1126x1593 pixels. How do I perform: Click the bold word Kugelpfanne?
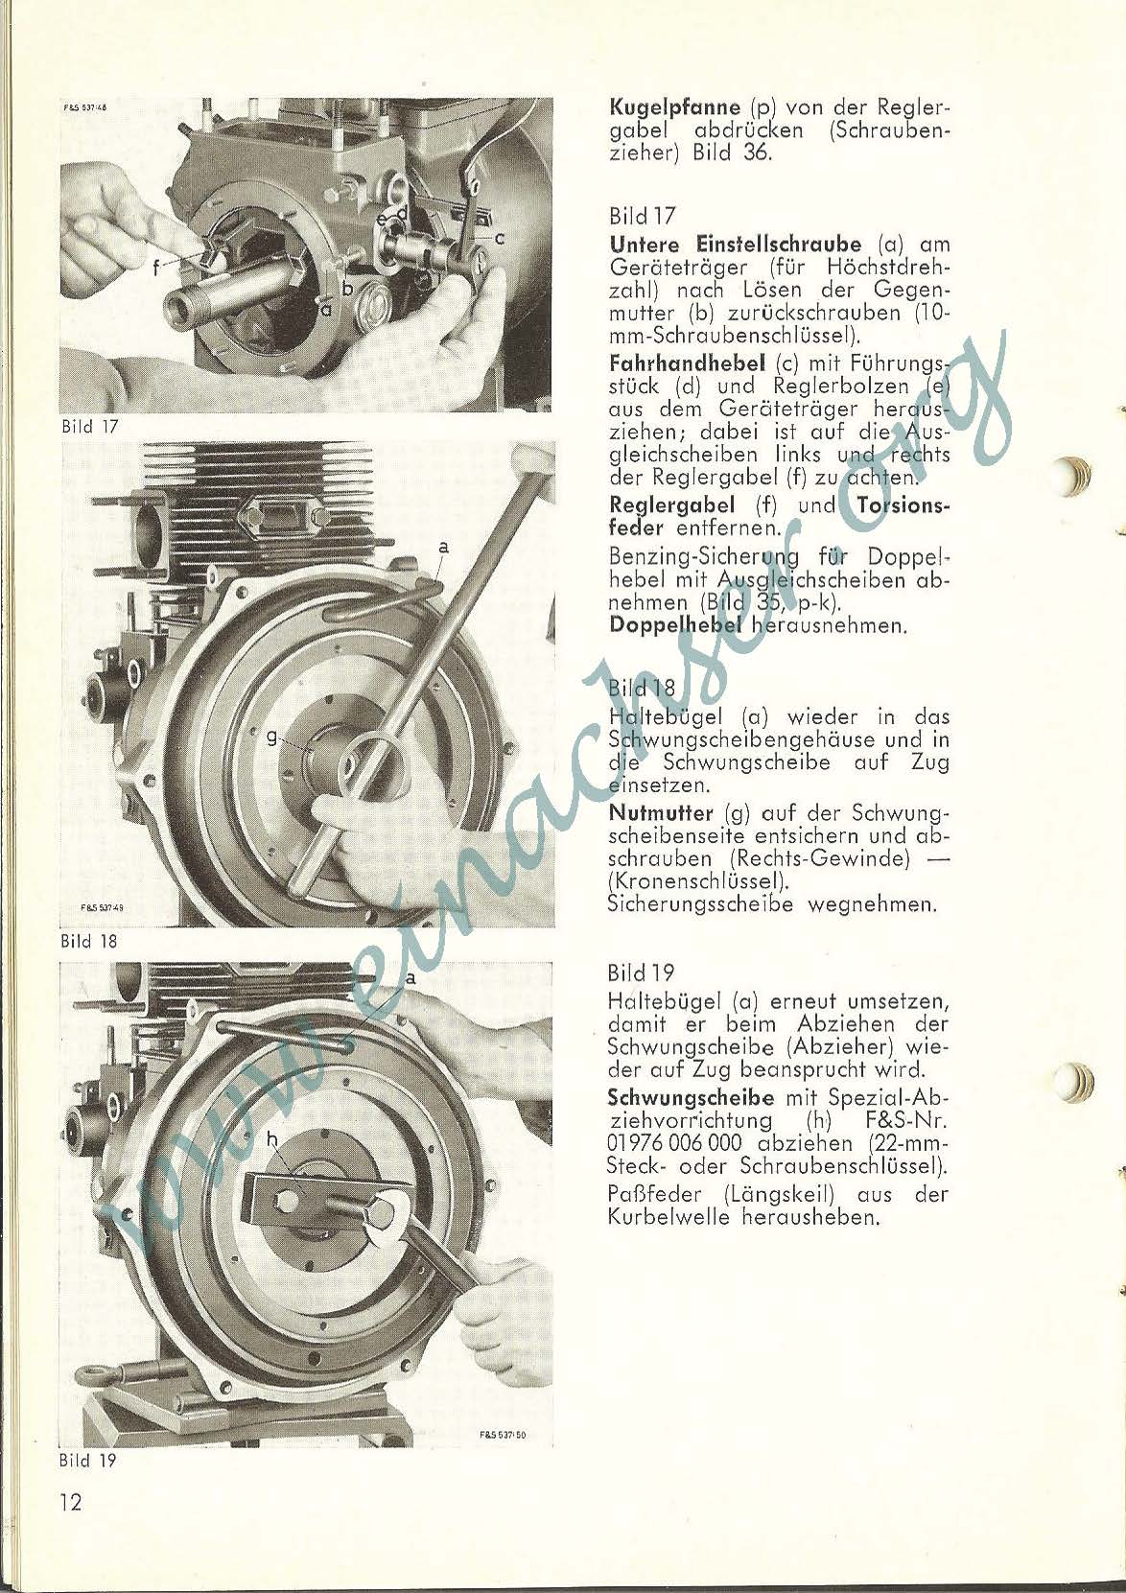pos(675,109)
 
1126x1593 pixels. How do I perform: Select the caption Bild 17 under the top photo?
pos(89,428)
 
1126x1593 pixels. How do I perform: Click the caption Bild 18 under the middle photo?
pos(89,942)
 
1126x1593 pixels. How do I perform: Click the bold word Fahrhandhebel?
pos(687,363)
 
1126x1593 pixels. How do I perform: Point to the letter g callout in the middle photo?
pos(271,738)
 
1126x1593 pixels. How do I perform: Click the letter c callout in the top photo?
pos(500,238)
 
